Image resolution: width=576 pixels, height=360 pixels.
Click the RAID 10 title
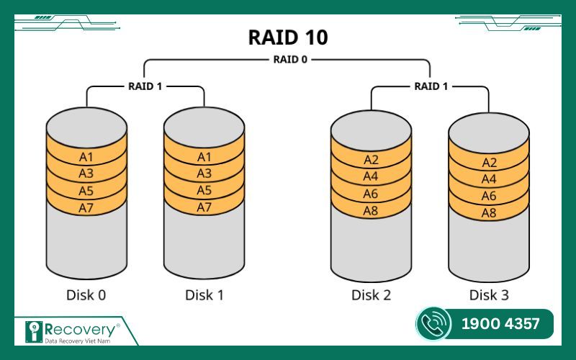pyautogui.click(x=288, y=37)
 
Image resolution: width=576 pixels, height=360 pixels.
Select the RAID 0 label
pyautogui.click(x=288, y=60)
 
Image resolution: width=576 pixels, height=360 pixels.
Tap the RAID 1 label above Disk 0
pyautogui.click(x=146, y=86)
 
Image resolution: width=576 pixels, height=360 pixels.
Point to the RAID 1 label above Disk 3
pyautogui.click(x=431, y=86)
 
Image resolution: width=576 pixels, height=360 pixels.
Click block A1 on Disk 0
pyautogui.click(x=86, y=156)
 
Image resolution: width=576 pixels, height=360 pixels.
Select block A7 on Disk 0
pyautogui.click(x=86, y=208)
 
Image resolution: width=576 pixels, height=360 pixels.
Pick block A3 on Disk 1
pyautogui.click(x=204, y=174)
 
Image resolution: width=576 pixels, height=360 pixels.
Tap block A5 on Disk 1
pyautogui.click(x=204, y=191)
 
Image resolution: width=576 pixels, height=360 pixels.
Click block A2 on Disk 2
pyautogui.click(x=371, y=160)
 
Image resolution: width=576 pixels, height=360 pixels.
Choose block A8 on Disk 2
pyautogui.click(x=371, y=212)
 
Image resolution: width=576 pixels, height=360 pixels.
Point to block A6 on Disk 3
pyautogui.click(x=489, y=196)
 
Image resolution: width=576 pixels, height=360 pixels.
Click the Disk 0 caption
pyautogui.click(x=86, y=294)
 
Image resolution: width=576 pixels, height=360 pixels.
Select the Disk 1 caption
pyautogui.click(x=204, y=294)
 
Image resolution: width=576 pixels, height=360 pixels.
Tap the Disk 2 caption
pyautogui.click(x=371, y=294)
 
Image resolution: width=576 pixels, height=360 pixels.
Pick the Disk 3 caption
pyautogui.click(x=489, y=294)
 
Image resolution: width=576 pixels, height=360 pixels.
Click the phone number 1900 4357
pyautogui.click(x=500, y=324)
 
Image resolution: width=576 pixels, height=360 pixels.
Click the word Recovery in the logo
pyautogui.click(x=79, y=328)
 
